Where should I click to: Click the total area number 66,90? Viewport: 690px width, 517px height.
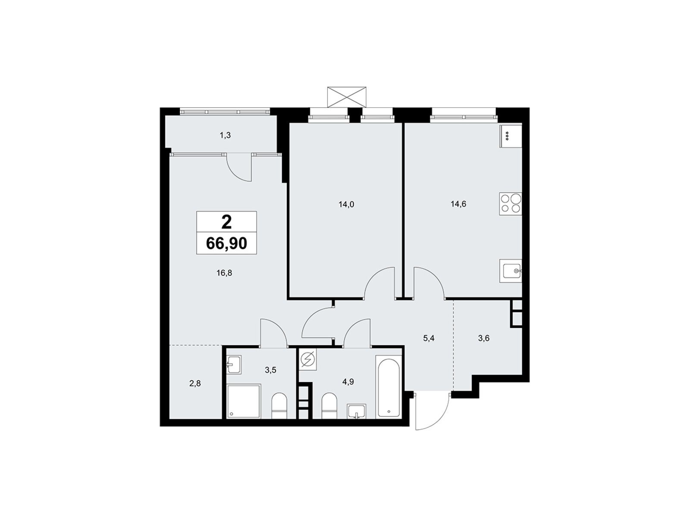pos(226,243)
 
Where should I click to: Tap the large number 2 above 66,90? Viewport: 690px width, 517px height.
pos(226,222)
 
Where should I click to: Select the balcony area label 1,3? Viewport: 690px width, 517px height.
pos(225,135)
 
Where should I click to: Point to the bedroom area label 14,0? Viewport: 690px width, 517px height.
pos(346,204)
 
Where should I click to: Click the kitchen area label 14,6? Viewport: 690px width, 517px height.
pos(458,204)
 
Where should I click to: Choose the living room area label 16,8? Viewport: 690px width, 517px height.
pos(224,273)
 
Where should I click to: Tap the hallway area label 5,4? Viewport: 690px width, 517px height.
pos(429,338)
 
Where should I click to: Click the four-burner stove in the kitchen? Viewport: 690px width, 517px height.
pos(510,204)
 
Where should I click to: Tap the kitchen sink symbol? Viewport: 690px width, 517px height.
pos(510,271)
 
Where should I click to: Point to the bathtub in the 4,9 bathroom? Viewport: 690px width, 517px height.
pos(389,387)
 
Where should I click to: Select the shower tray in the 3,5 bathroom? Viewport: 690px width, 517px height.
pos(244,401)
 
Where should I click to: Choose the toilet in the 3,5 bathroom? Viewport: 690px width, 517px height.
pos(279,405)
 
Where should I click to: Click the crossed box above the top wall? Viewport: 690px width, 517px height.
pos(347,97)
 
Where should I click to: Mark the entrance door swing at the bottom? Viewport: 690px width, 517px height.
pos(433,411)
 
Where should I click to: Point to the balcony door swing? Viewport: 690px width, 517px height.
pos(239,168)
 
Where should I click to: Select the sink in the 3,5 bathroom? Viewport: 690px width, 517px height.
pos(234,364)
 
